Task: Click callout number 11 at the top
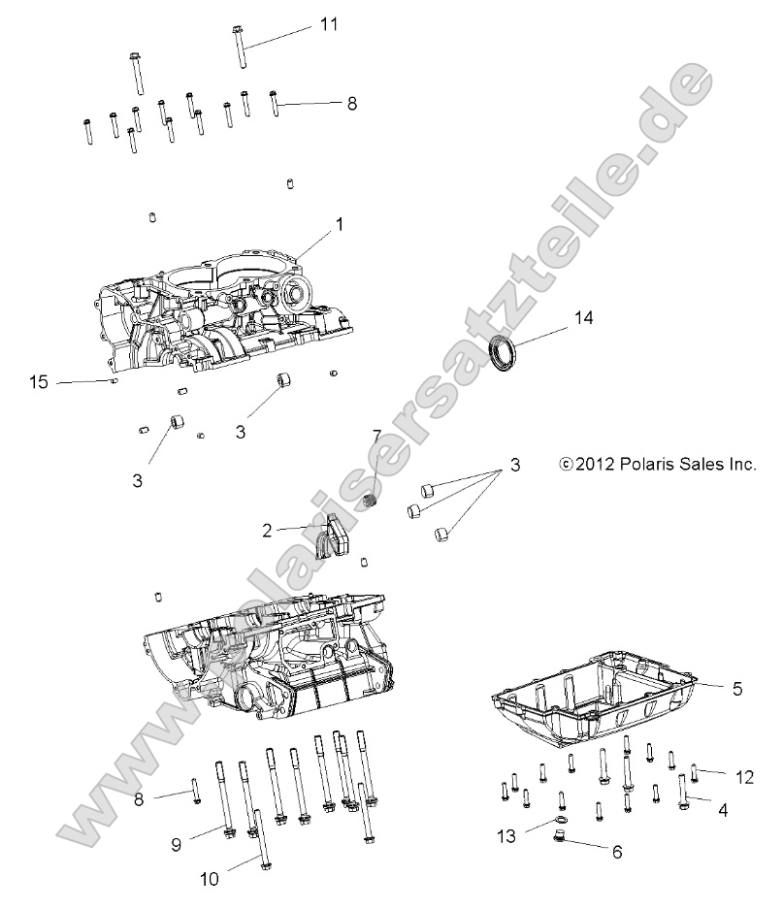pyautogui.click(x=329, y=24)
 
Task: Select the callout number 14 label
pyautogui.click(x=582, y=317)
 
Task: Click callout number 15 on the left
pyautogui.click(x=38, y=383)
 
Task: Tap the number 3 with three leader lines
pyautogui.click(x=514, y=466)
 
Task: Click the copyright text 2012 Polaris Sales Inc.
pyautogui.click(x=658, y=465)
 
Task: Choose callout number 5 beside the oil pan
pyautogui.click(x=736, y=689)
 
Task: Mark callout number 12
pyautogui.click(x=744, y=776)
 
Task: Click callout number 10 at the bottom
pyautogui.click(x=211, y=879)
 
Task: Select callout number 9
pyautogui.click(x=177, y=844)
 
